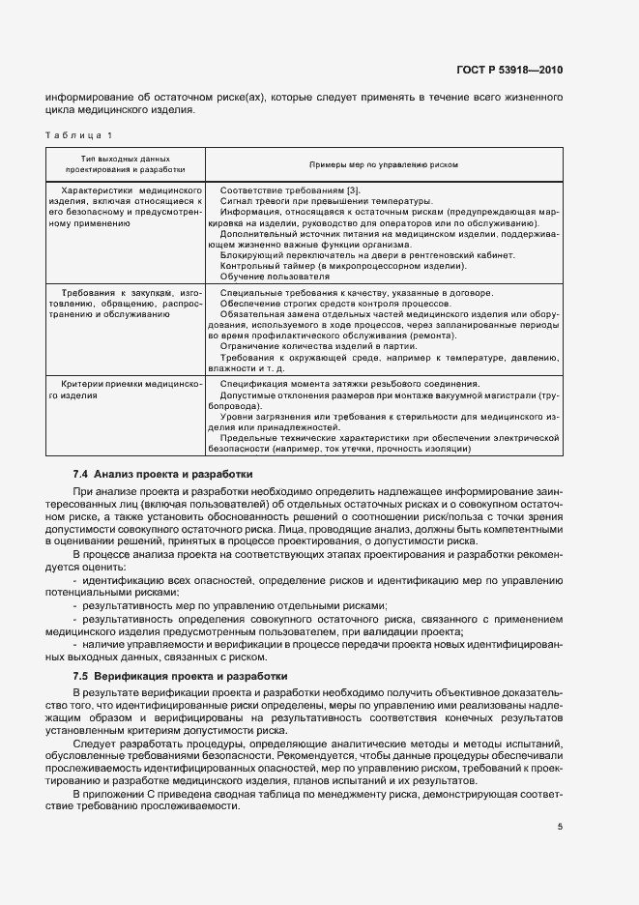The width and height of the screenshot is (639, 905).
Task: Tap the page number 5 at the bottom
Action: [559, 827]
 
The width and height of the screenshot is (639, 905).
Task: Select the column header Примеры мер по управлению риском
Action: [384, 164]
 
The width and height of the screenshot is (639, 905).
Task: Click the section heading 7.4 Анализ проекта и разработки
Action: [162, 475]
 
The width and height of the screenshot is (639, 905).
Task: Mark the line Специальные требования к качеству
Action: [357, 292]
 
